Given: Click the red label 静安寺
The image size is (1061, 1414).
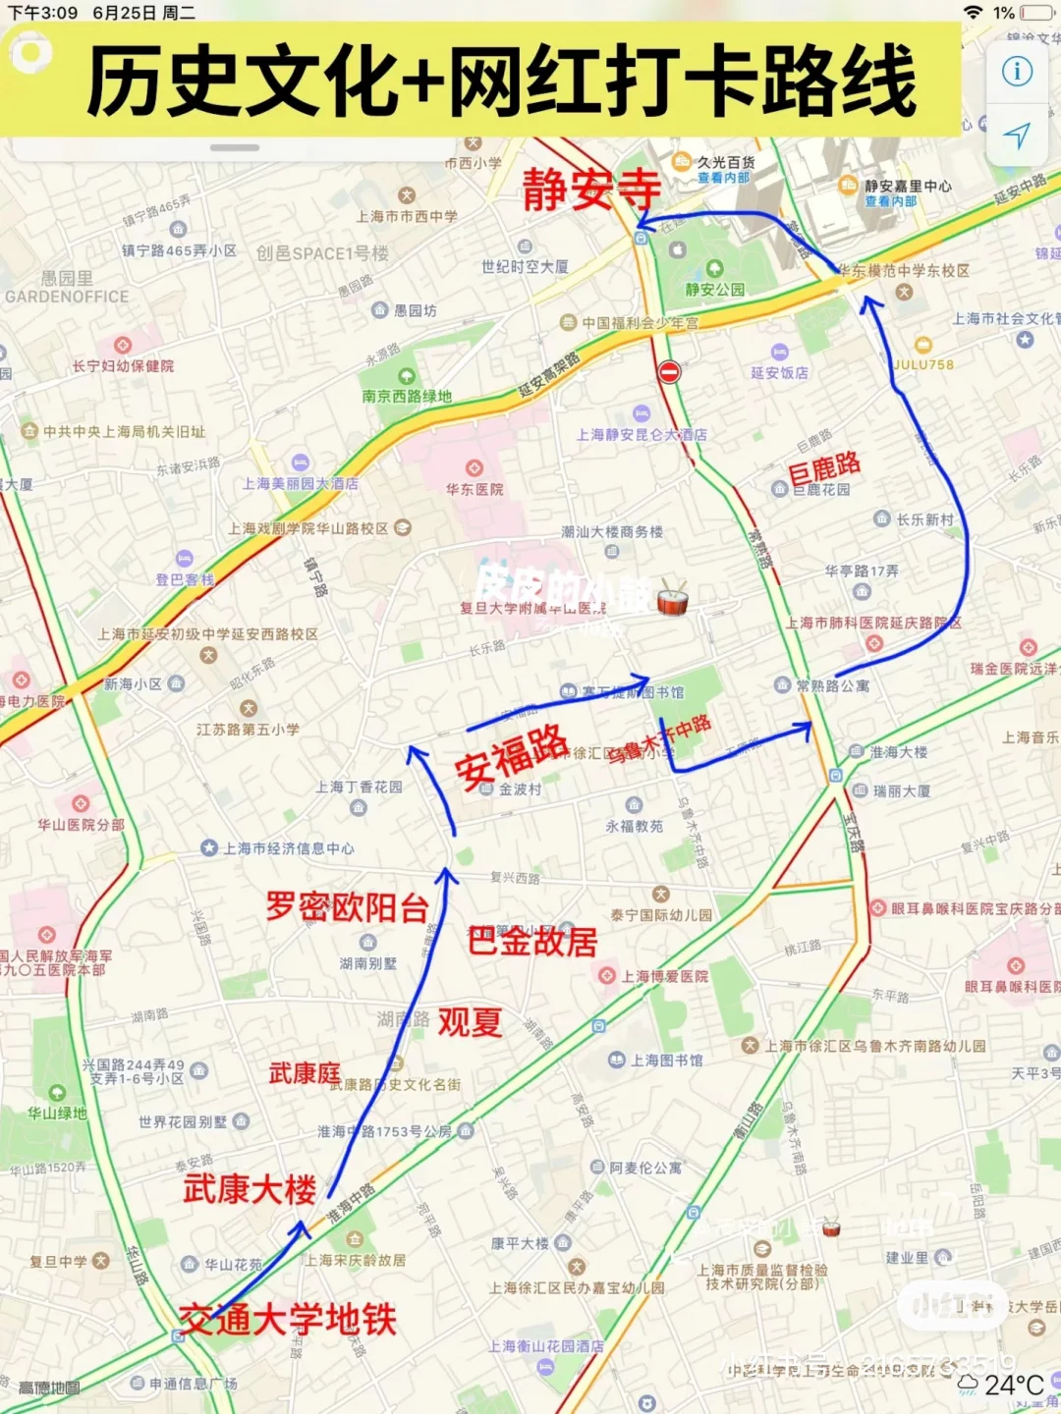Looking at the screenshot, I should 590,189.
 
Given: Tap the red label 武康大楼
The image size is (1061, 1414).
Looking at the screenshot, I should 250,1189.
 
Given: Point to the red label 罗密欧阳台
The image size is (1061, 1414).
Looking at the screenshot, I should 347,906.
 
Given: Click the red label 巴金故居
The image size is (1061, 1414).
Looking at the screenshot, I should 531,942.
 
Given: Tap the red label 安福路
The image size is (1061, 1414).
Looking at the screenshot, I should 511,756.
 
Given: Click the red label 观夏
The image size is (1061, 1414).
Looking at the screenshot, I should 470,1022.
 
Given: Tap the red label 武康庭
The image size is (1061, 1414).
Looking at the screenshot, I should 305,1073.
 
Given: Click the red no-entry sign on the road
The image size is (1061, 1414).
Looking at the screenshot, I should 669,372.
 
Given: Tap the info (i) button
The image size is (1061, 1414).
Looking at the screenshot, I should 1017,72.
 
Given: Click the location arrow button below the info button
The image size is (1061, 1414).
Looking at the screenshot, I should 1017,136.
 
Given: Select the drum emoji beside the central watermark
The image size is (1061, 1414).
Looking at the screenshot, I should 672,598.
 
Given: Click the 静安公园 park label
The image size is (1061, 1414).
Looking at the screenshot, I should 714,289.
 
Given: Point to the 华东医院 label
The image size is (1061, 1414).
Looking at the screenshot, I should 475,488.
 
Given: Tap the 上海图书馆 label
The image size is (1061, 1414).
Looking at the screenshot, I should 666,1060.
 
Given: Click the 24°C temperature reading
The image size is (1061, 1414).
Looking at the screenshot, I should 1014,1385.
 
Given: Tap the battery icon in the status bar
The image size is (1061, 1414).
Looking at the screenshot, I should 1036,13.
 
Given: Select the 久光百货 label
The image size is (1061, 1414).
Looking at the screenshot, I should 725,162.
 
